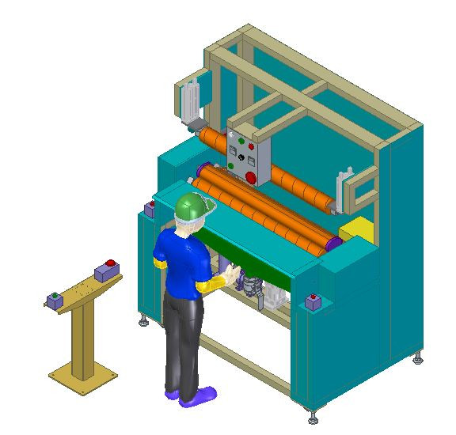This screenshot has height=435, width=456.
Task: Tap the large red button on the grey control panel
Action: click(251, 177)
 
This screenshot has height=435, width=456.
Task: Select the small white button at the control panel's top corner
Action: click(231, 134)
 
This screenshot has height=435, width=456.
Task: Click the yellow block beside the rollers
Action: click(363, 231)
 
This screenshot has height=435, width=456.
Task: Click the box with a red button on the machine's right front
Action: click(313, 302)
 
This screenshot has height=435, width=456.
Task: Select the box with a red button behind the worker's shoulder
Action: click(150, 209)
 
